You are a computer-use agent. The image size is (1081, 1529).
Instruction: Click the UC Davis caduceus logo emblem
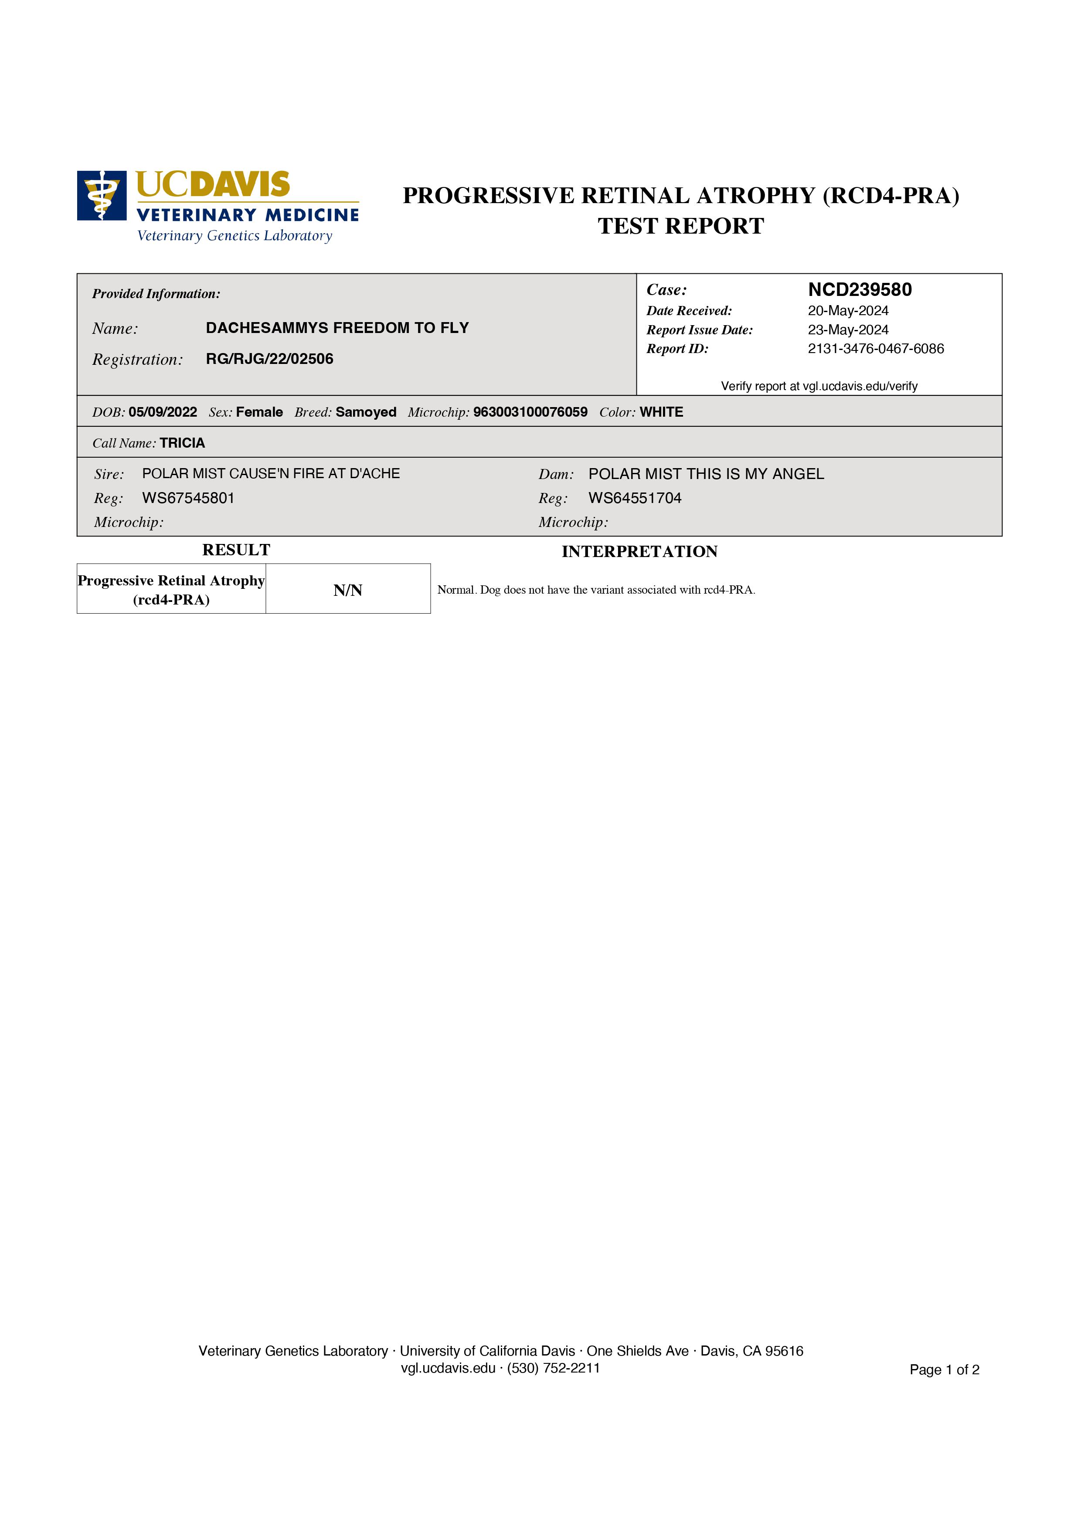tap(101, 195)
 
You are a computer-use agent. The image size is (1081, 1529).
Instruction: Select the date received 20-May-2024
tap(848, 311)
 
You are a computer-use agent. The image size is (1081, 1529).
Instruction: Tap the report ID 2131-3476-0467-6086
tap(875, 349)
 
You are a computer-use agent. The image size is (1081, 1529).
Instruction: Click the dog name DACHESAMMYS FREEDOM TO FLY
tap(337, 328)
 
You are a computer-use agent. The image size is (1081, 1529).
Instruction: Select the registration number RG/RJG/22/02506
tap(269, 359)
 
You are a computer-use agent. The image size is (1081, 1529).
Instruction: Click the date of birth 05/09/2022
tap(163, 412)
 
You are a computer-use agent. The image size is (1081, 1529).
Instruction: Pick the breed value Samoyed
tap(366, 412)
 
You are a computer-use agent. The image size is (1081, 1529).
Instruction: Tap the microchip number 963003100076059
tap(530, 412)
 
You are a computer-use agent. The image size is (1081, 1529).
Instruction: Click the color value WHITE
tap(661, 412)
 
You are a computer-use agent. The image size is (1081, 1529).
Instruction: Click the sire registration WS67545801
tap(188, 498)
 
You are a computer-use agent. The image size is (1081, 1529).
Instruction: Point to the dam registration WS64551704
tap(635, 498)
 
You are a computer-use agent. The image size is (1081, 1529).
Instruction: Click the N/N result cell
tap(348, 590)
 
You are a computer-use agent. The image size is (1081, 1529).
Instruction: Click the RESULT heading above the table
tap(236, 550)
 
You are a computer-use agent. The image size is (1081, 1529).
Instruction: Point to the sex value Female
tap(259, 412)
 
